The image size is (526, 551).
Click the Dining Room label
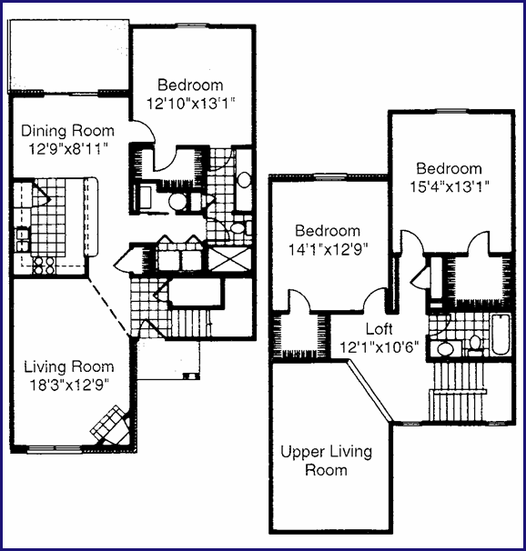coord(68,131)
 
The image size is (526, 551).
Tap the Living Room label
coord(69,366)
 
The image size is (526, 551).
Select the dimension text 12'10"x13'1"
coord(190,104)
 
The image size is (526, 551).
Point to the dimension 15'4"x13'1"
coord(450,186)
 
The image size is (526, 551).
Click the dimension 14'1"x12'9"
coord(328,249)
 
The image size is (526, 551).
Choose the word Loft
coord(379,329)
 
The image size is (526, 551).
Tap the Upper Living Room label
coord(327,461)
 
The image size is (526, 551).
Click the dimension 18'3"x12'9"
coord(69,386)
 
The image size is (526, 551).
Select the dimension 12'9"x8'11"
coord(67,149)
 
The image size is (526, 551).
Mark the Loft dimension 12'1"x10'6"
coord(379,347)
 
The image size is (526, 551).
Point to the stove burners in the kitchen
coord(44,265)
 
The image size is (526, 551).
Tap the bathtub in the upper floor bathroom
coord(501,335)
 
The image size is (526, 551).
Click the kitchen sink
coord(23,240)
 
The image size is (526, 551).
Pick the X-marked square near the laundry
coord(229,259)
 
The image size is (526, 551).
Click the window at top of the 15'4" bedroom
coord(451,111)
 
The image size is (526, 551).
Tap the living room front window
coord(55,449)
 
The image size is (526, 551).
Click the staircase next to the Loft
coord(457,391)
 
